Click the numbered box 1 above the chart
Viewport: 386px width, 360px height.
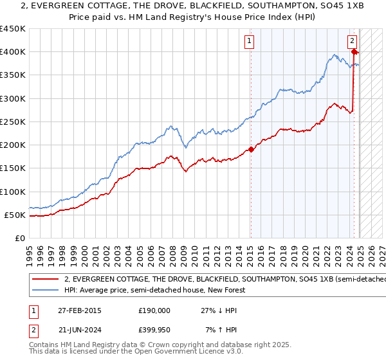[x=249, y=42]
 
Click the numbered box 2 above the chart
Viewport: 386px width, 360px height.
[x=353, y=42]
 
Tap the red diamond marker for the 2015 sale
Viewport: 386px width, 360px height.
[x=252, y=150]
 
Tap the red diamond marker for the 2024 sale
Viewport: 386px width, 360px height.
[x=355, y=52]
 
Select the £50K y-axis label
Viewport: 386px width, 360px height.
[x=15, y=215]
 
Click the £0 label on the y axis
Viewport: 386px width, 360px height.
[x=20, y=238]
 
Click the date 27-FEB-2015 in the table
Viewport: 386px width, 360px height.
[x=79, y=310]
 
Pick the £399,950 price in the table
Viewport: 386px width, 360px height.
[x=154, y=330]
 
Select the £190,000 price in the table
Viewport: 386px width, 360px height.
[x=154, y=310]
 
